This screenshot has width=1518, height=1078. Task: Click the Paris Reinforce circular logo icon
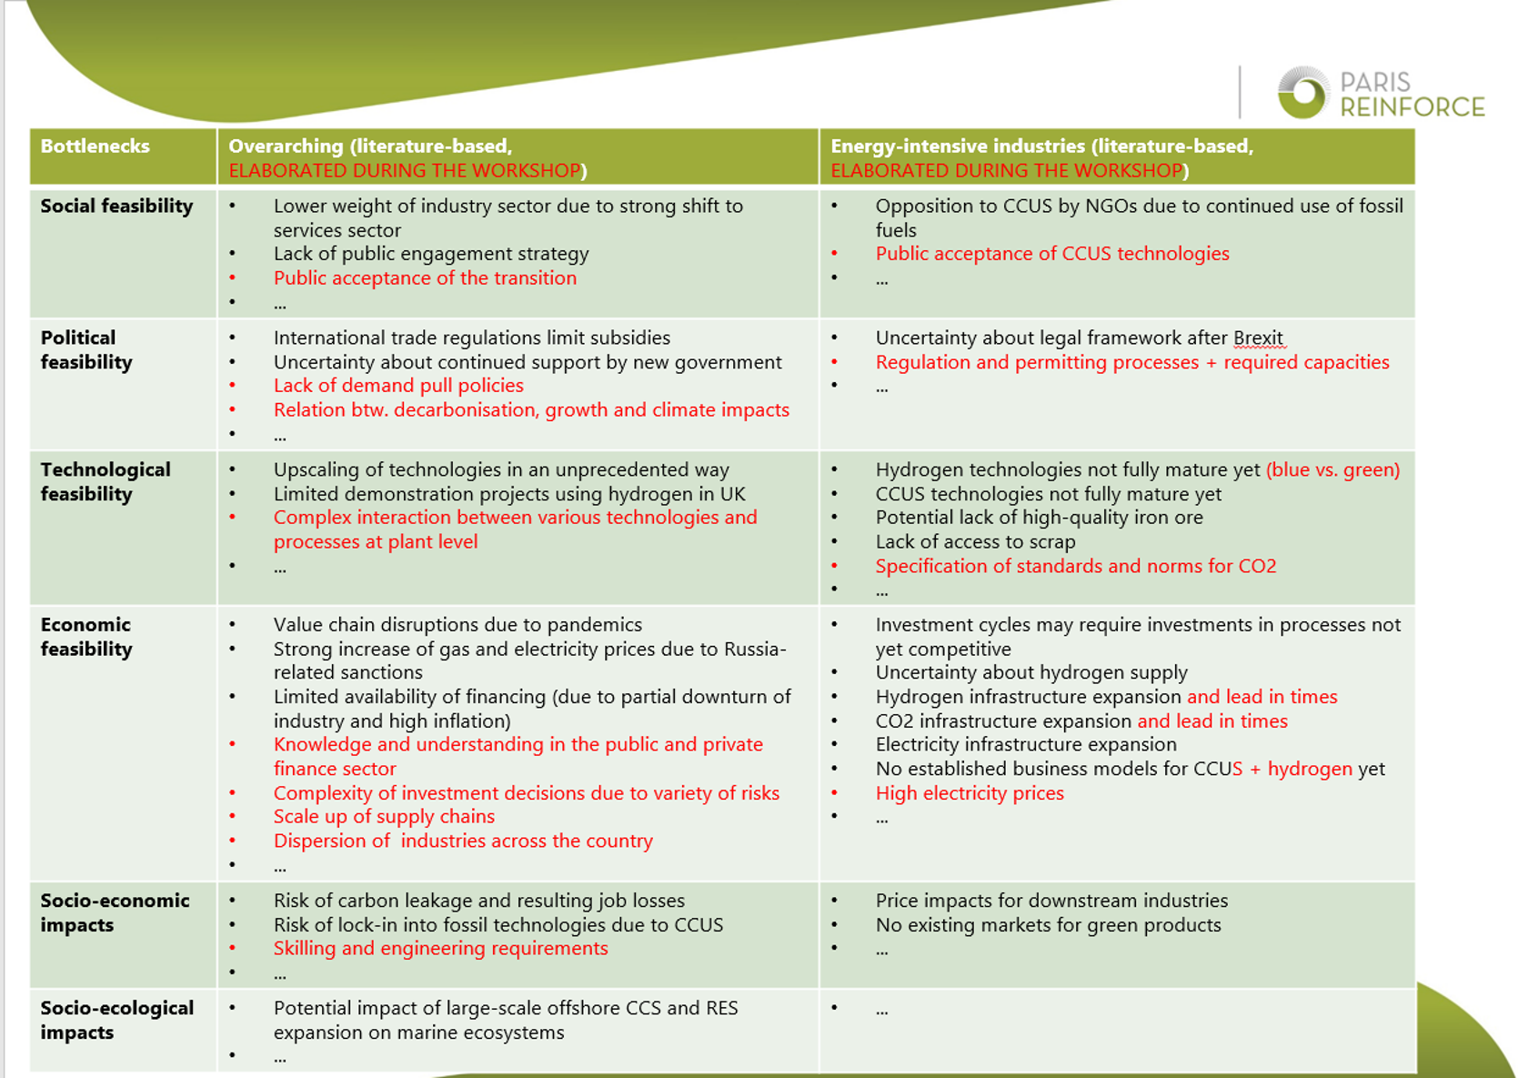(1303, 93)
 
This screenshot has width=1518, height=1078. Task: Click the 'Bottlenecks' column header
(95, 146)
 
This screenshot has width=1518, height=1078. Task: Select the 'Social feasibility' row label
(116, 207)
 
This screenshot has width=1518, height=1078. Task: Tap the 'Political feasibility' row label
(86, 350)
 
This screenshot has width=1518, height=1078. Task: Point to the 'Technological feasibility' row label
(106, 482)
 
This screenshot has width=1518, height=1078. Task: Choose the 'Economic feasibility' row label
(86, 637)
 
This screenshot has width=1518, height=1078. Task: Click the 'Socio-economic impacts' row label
(115, 912)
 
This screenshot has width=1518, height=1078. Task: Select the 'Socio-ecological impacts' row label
(116, 1020)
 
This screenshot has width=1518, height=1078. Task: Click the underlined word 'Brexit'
(1258, 338)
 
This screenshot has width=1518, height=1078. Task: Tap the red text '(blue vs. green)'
(1332, 470)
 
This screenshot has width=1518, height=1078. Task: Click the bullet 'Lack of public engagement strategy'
(431, 254)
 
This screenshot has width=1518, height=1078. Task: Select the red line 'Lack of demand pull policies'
(398, 386)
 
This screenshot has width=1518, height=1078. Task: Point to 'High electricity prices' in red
(970, 793)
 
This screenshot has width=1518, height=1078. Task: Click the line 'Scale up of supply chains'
(384, 817)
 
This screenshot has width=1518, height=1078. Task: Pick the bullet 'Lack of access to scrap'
(975, 542)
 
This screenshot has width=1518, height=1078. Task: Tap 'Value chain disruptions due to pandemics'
(457, 625)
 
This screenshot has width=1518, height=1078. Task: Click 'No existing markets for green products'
(1048, 925)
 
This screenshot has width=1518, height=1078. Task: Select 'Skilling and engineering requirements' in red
(440, 949)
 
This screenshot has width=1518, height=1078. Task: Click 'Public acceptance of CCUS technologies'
(1052, 254)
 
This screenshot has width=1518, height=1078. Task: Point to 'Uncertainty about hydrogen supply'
(1031, 673)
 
